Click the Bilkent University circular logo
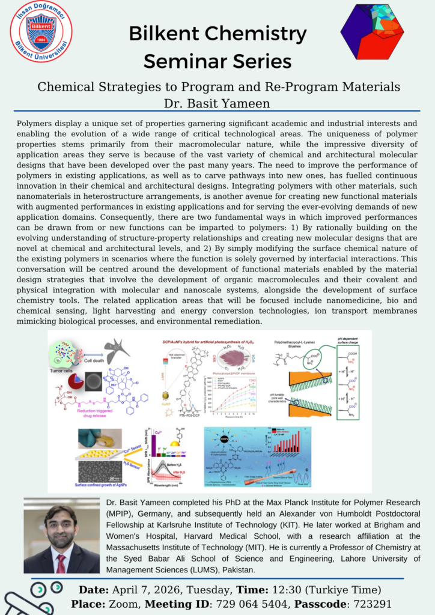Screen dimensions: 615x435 [x=41, y=31]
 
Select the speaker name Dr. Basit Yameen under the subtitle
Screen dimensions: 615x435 [x=218, y=104]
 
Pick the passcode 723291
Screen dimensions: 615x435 [x=372, y=604]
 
